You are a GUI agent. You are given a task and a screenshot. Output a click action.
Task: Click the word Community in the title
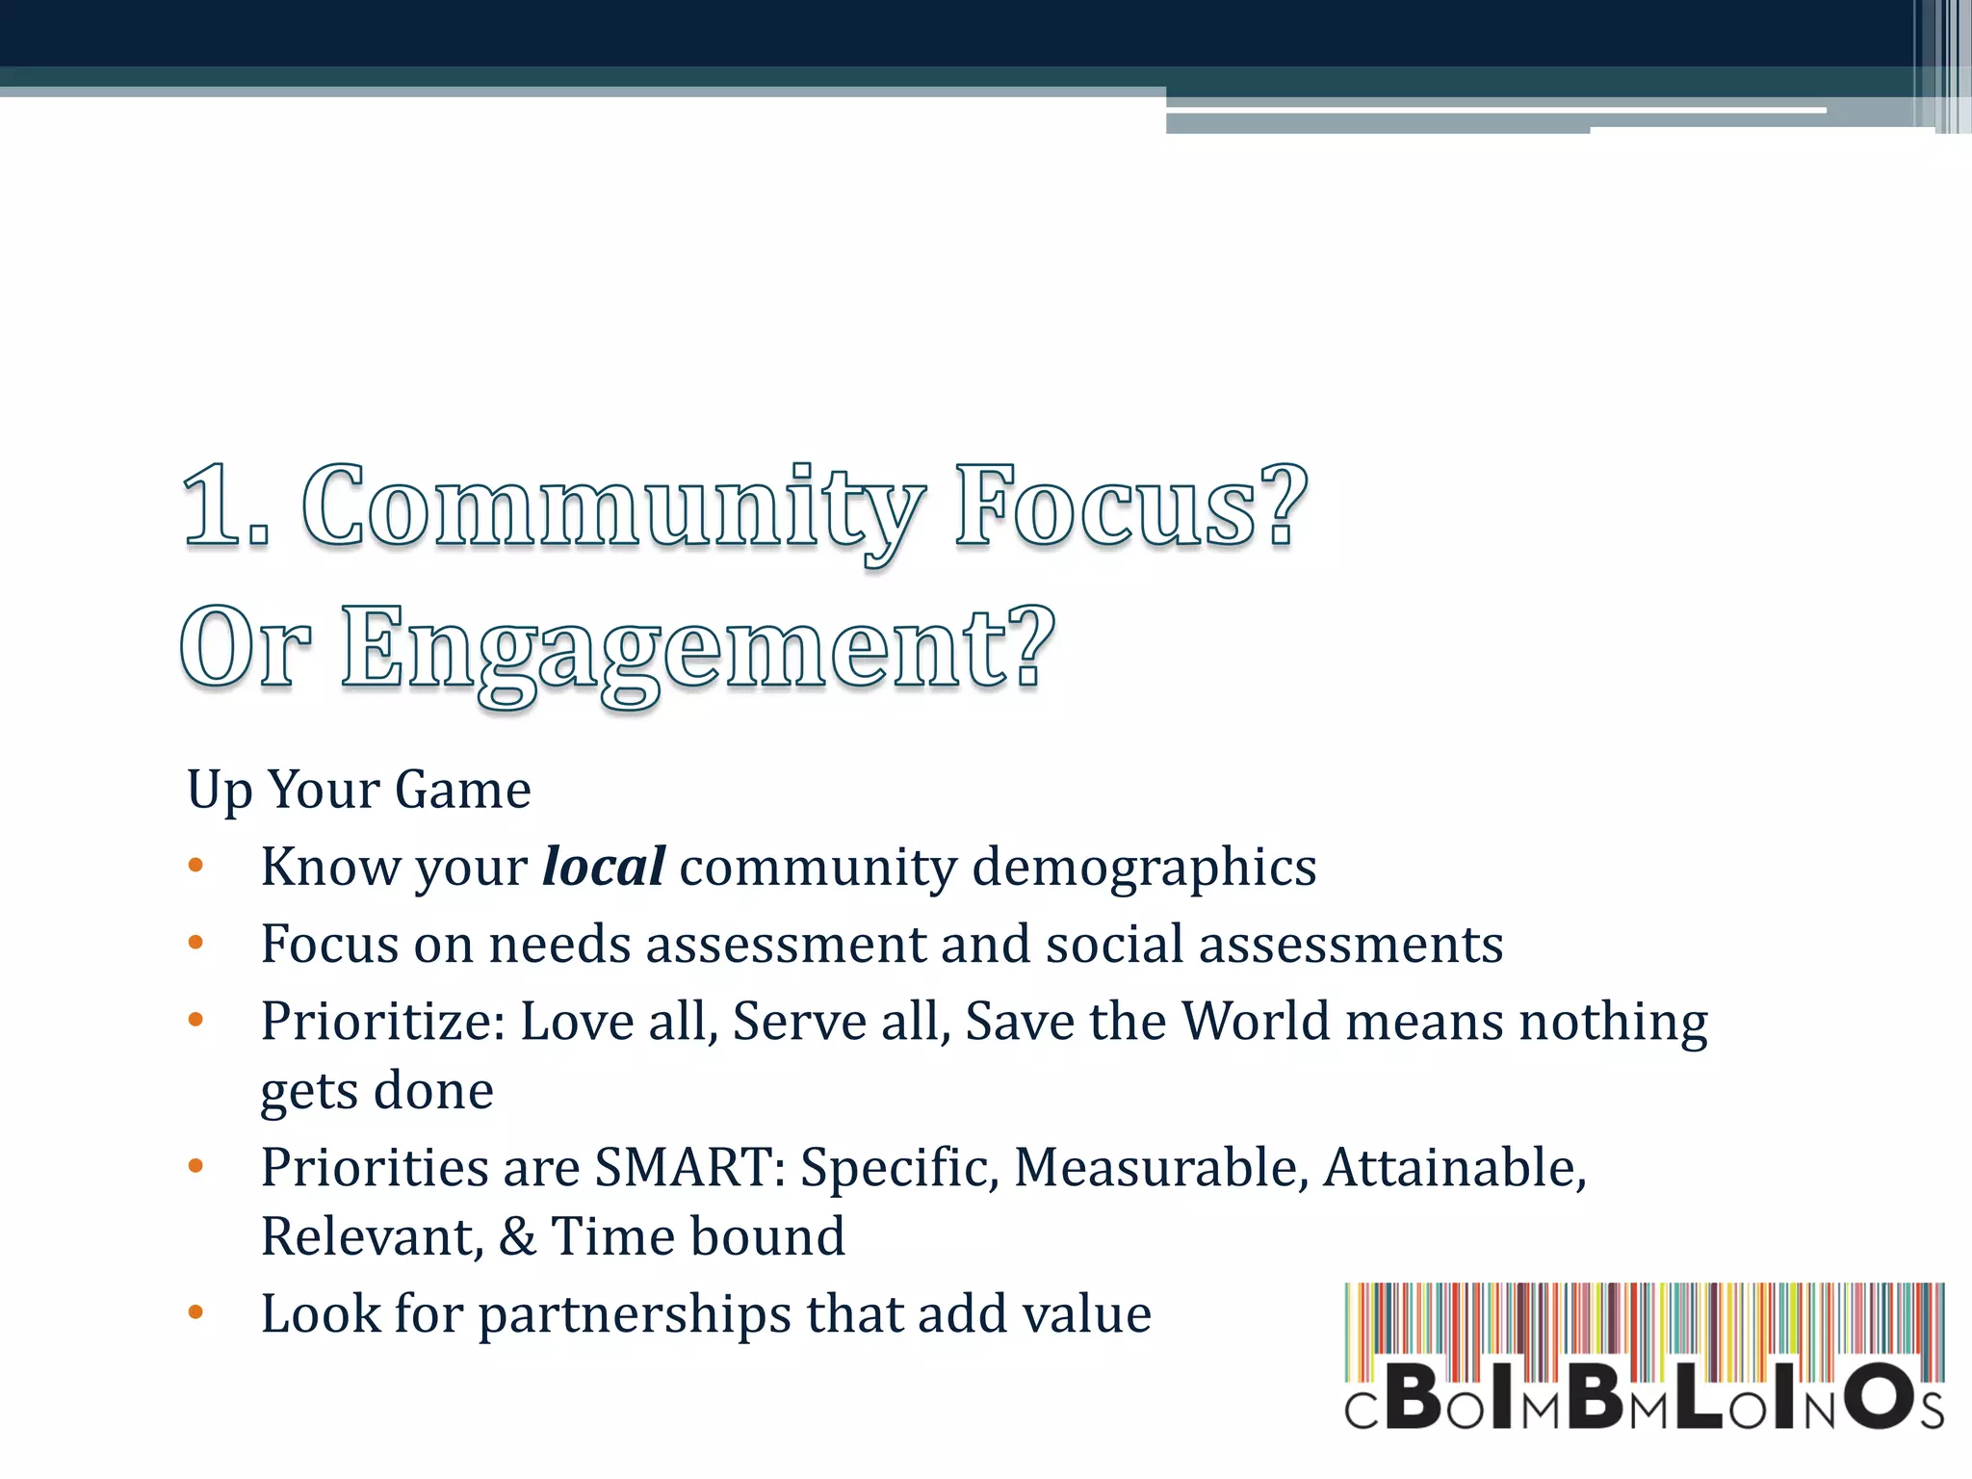[612, 508]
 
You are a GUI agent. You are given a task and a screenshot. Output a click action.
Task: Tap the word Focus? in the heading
[1130, 508]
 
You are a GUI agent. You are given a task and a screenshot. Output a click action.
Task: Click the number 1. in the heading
[225, 508]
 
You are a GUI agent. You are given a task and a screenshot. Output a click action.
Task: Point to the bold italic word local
[603, 866]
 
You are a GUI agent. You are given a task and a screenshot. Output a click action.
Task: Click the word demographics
[1144, 868]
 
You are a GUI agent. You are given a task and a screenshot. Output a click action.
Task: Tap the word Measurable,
[1161, 1167]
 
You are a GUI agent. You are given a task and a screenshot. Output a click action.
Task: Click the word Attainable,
[1454, 1167]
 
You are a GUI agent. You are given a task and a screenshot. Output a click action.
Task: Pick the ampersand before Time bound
[517, 1236]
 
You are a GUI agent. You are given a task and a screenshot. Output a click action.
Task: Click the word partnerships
[634, 1315]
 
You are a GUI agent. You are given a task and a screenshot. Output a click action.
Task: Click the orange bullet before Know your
[196, 866]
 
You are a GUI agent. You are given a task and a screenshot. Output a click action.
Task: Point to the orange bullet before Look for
[196, 1312]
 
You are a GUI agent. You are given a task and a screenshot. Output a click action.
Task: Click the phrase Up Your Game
[358, 790]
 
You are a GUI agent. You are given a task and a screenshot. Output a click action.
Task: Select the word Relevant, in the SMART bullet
[372, 1237]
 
